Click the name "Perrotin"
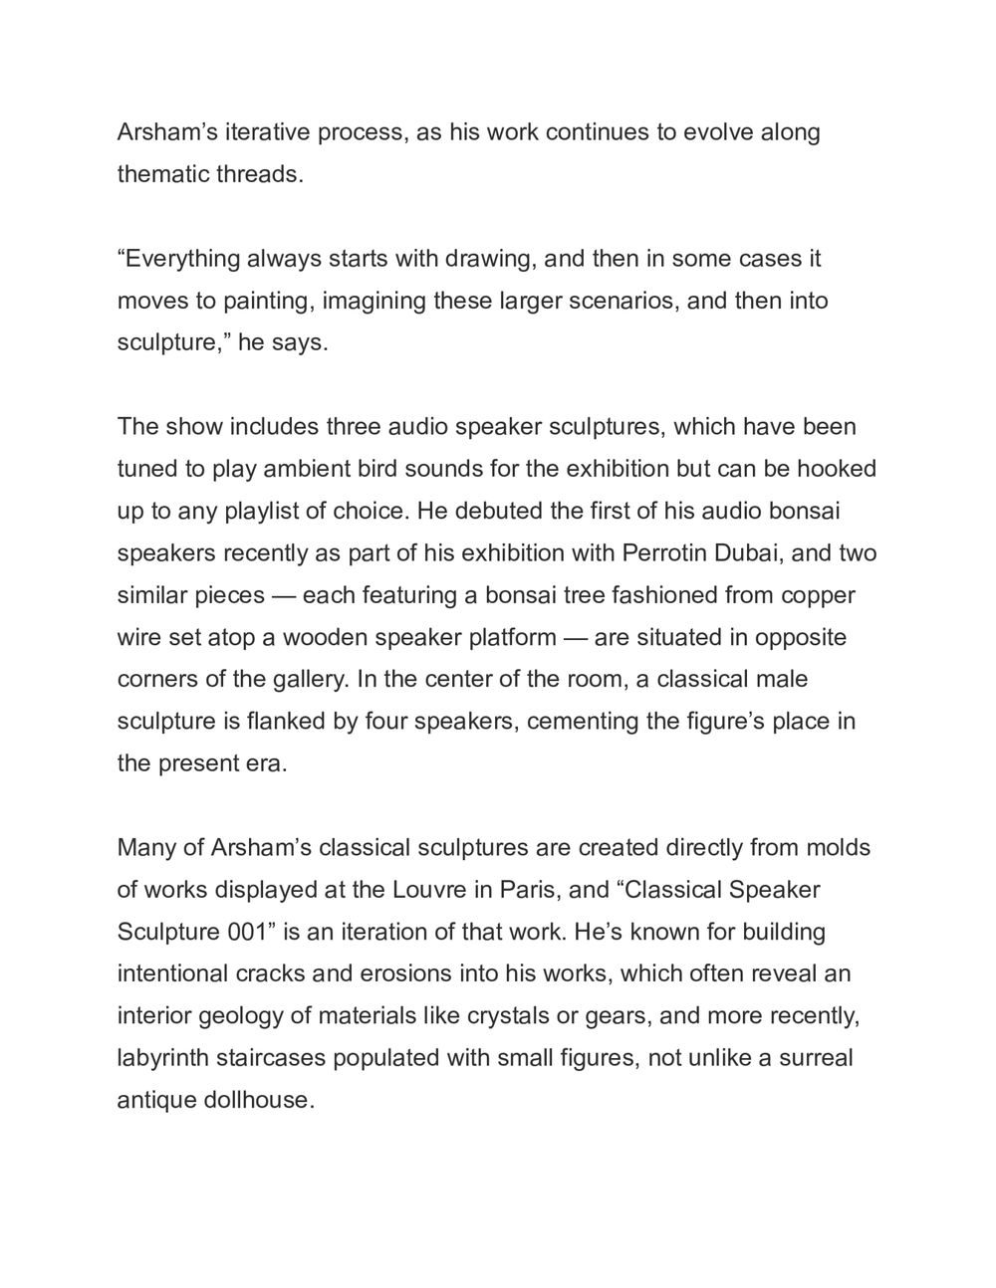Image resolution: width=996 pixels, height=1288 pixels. (x=666, y=552)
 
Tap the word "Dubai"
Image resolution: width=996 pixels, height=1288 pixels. (x=751, y=552)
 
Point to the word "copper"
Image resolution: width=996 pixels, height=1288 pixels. (x=818, y=595)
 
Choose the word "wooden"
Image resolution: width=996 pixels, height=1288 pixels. (x=327, y=637)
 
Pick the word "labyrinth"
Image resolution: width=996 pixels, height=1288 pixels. (x=163, y=1057)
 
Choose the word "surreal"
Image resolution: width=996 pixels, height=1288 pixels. (x=816, y=1057)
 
